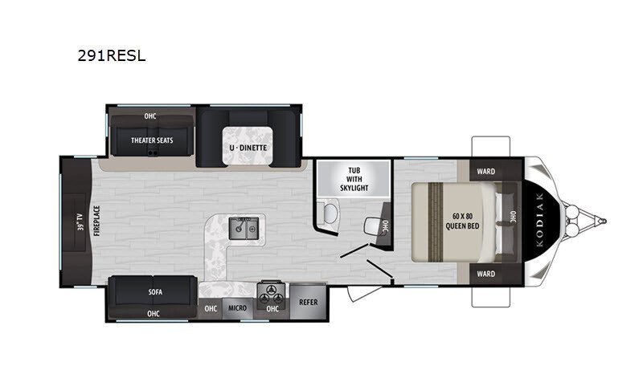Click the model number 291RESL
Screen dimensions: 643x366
112,55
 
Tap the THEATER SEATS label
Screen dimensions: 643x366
152,140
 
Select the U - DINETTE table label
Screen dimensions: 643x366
248,148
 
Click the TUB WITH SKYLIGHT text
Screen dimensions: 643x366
354,179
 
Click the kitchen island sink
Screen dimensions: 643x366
244,229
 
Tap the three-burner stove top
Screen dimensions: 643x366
271,294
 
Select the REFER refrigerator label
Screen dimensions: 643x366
309,302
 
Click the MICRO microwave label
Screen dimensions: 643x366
237,308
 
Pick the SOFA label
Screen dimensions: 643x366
155,292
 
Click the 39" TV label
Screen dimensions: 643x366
80,222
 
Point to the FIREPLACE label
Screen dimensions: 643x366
96,221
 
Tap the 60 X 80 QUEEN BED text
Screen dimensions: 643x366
462,221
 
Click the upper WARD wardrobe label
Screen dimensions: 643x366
485,172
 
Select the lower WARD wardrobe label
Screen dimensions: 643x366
485,274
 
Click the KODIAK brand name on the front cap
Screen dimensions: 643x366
539,220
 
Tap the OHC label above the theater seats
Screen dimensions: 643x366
150,116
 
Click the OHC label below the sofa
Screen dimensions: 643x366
153,314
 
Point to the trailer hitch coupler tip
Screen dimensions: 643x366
604,221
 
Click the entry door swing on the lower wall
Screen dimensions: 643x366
363,292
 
